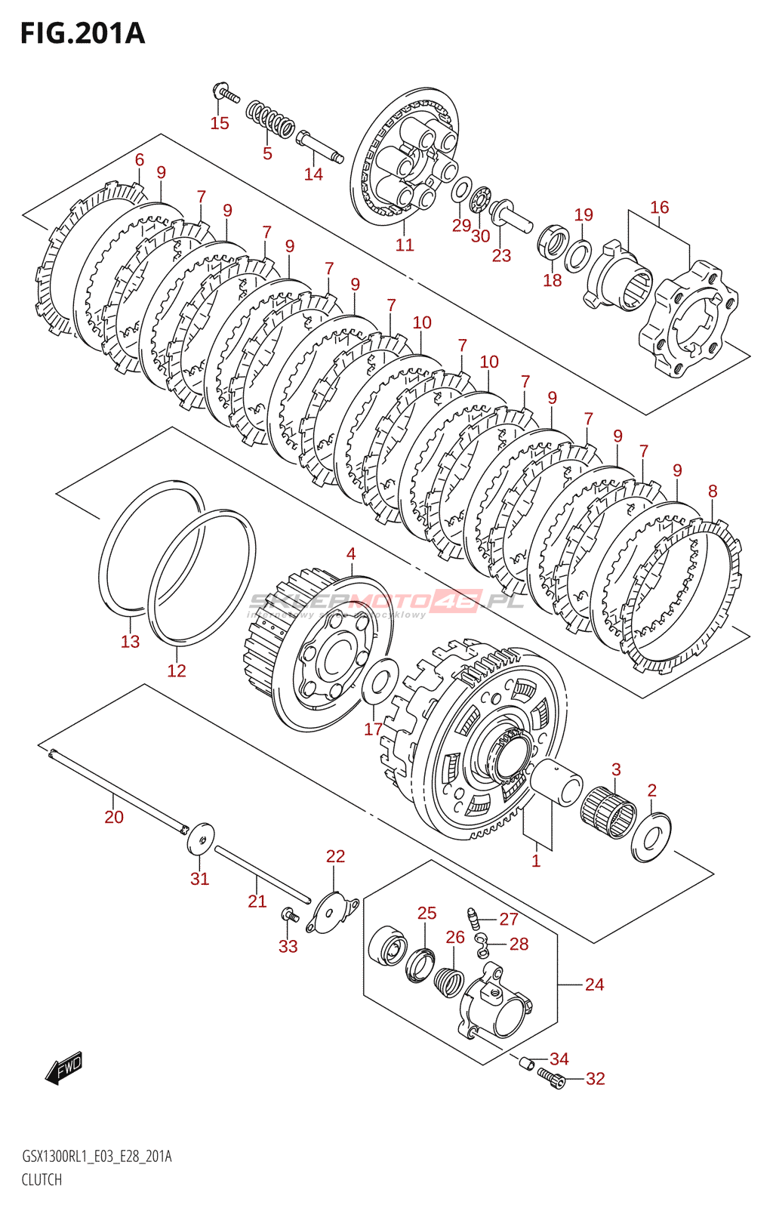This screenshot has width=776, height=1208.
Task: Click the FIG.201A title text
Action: (x=82, y=34)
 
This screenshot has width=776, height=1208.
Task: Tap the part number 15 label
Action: (x=220, y=123)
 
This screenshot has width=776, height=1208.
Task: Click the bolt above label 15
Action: (x=225, y=94)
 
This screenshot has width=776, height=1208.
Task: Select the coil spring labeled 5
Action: (x=269, y=119)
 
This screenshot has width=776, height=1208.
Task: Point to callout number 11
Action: (x=405, y=245)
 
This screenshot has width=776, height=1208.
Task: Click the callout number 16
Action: (x=659, y=207)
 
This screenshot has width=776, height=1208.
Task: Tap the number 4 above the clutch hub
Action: (x=351, y=553)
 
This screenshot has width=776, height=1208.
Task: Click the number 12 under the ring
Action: (x=176, y=670)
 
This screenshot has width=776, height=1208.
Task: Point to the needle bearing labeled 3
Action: (x=608, y=812)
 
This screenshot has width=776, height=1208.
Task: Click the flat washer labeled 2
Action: (x=651, y=836)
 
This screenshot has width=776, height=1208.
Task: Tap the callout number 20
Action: (x=114, y=817)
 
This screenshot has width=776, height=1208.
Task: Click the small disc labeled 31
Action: (x=201, y=838)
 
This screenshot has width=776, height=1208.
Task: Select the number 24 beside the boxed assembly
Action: (x=594, y=985)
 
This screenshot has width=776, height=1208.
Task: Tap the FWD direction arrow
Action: (x=63, y=1068)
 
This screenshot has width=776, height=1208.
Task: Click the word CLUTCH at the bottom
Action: (x=42, y=1179)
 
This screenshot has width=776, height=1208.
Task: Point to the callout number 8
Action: (x=713, y=491)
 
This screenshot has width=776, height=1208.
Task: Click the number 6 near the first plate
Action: (x=140, y=159)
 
